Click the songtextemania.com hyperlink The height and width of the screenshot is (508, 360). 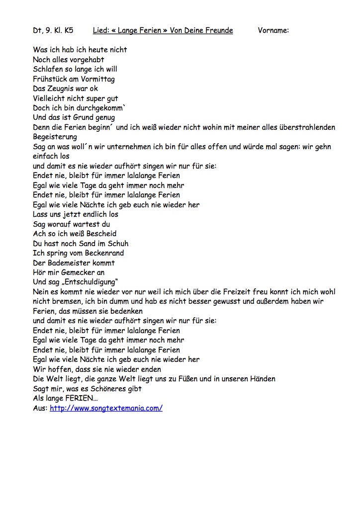106,408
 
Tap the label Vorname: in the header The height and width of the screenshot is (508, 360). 273,30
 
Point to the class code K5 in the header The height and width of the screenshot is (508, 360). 68,30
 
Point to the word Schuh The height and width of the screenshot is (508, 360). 118,243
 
